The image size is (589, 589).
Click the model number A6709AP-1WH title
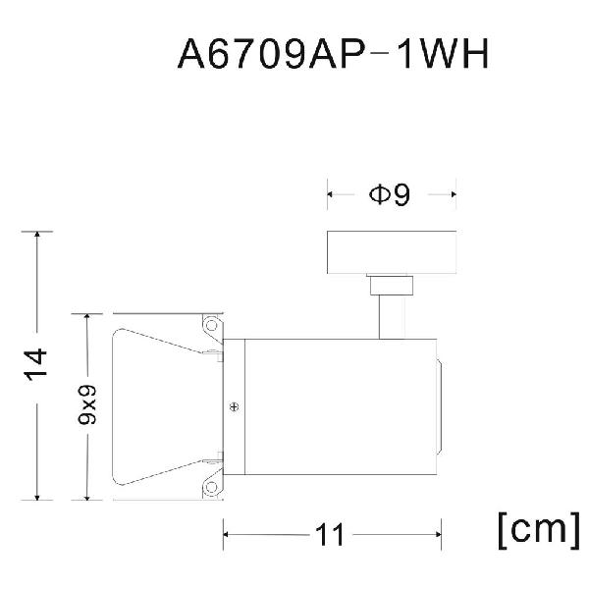coord(333,54)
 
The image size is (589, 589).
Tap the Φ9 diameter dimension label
coord(390,194)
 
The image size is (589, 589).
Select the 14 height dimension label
coord(35,365)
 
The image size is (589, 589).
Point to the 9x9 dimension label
coord(87,404)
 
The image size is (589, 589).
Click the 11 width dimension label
coord(330,535)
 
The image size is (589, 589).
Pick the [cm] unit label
coord(539,530)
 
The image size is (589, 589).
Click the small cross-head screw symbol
coord(234,406)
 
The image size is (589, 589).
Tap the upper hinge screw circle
coord(211,325)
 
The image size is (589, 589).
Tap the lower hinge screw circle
coord(211,487)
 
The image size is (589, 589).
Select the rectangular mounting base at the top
coord(392,252)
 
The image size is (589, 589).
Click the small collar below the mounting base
coord(392,285)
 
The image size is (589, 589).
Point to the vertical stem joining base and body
coord(392,317)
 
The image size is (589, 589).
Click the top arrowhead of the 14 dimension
coord(37,234)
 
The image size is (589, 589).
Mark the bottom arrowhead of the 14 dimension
coord(37,498)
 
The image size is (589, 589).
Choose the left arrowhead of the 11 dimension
coord(226,534)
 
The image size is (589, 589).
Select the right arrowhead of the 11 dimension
coord(439,534)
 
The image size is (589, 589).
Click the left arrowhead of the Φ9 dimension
coord(330,194)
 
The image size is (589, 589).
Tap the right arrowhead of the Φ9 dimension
coord(454,194)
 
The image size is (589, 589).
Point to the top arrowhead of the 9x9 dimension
coord(87,317)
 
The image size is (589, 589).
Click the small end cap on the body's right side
coord(439,406)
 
